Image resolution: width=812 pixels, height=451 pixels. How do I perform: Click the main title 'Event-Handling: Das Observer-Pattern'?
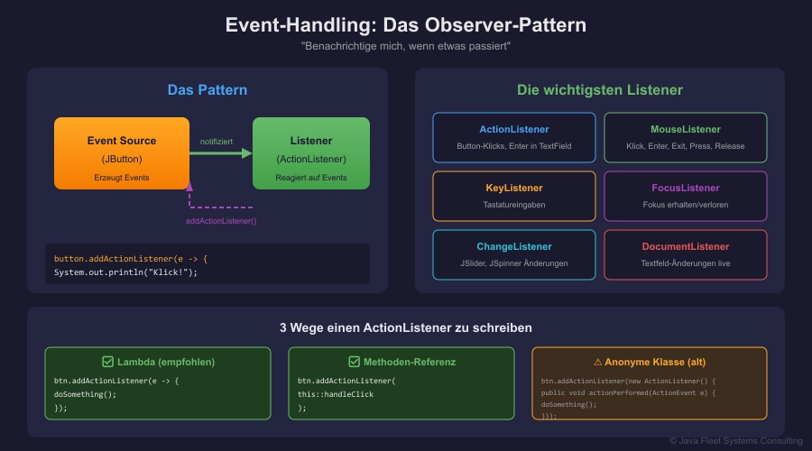point(405,24)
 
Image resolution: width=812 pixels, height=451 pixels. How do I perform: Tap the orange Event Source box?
point(122,153)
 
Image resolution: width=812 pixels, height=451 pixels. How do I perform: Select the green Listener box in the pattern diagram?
point(311,153)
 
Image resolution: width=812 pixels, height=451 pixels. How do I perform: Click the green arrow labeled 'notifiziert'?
point(221,153)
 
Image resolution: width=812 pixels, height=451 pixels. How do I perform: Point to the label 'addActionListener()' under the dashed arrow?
point(222,221)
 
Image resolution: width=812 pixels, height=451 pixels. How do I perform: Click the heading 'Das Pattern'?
point(208,90)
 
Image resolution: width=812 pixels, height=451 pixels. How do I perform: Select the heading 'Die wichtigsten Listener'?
point(600,90)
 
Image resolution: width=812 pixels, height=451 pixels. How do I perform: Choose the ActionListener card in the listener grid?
point(514,137)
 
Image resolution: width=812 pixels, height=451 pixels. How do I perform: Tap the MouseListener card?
point(686,137)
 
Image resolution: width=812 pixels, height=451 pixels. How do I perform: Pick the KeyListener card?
point(514,196)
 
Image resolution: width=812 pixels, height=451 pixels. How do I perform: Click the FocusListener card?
point(686,196)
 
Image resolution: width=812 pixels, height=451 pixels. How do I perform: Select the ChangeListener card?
point(514,254)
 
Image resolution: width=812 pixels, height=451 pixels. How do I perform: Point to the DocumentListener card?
point(686,254)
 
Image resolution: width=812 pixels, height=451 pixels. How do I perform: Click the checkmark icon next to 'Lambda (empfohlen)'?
point(107,362)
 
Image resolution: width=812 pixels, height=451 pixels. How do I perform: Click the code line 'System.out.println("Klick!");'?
point(125,272)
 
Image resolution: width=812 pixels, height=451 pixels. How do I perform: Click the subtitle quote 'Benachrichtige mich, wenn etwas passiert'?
point(405,46)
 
